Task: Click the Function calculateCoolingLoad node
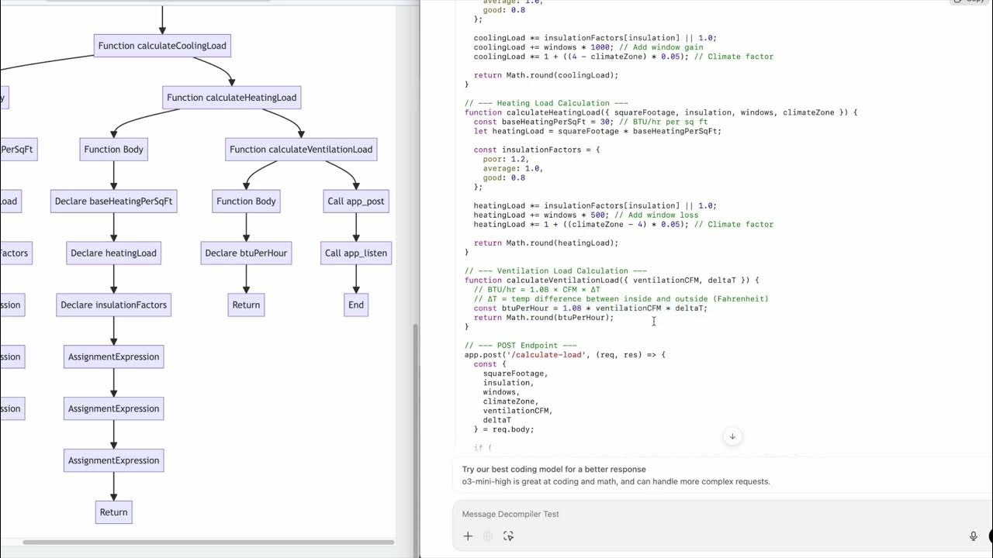coord(162,46)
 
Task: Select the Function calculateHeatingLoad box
coord(231,98)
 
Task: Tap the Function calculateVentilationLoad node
coord(301,150)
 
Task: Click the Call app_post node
coord(355,201)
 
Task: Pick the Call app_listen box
coord(355,253)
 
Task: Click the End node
coord(355,305)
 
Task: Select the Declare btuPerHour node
coord(246,253)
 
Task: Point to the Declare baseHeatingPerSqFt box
coord(113,201)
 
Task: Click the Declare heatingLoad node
coord(113,253)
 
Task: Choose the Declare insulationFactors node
coord(113,305)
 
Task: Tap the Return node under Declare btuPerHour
coord(246,305)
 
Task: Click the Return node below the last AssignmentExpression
coord(113,512)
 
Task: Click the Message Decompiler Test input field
coord(698,514)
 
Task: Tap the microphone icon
coord(973,536)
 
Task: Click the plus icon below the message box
coord(468,536)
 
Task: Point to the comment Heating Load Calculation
coord(546,103)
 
